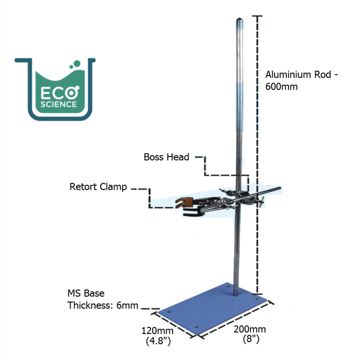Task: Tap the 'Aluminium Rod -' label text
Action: click(x=301, y=75)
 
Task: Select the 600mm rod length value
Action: click(x=281, y=86)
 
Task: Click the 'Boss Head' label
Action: click(x=166, y=157)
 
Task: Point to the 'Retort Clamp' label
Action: click(x=98, y=187)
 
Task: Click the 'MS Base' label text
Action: click(x=86, y=293)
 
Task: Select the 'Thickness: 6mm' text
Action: click(x=103, y=305)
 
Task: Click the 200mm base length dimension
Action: click(x=249, y=329)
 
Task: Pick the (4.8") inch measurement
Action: click(x=157, y=341)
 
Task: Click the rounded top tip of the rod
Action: click(x=240, y=21)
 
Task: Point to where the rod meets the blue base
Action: click(x=234, y=298)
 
